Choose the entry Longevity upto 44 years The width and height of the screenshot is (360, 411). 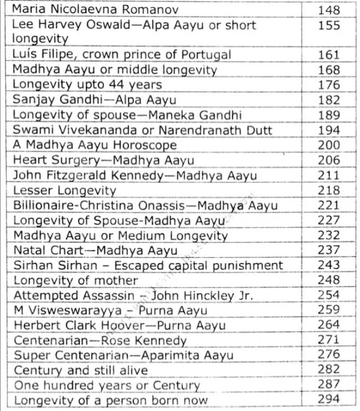[x=87, y=85]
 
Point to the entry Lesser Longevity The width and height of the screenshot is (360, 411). [x=65, y=190]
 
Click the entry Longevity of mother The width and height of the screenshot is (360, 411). [x=76, y=281]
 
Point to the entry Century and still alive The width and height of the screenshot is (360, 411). [x=80, y=371]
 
